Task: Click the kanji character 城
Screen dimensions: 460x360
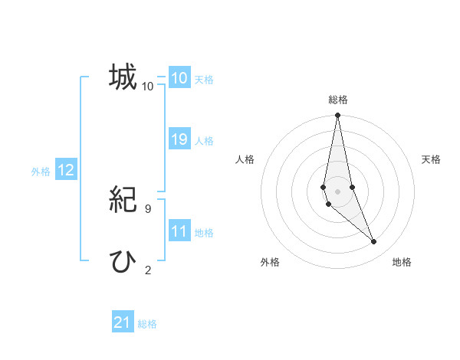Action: pyautogui.click(x=123, y=77)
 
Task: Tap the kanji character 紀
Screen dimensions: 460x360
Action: pyautogui.click(x=123, y=201)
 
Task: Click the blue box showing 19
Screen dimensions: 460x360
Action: pyautogui.click(x=179, y=139)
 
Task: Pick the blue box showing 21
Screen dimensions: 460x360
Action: pyautogui.click(x=123, y=322)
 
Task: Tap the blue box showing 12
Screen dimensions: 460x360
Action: pyautogui.click(x=66, y=171)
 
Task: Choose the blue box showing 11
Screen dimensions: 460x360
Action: pyautogui.click(x=179, y=231)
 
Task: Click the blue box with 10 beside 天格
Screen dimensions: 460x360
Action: pyautogui.click(x=179, y=78)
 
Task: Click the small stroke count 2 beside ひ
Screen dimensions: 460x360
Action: pyautogui.click(x=148, y=270)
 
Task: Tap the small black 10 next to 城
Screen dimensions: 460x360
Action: pyautogui.click(x=148, y=87)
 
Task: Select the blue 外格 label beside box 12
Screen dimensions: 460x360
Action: pyautogui.click(x=41, y=172)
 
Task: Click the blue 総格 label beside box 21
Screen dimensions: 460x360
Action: pyautogui.click(x=147, y=324)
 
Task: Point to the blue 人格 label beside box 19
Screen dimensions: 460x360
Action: pyautogui.click(x=204, y=141)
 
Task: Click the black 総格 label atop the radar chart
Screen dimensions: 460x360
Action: pyautogui.click(x=338, y=100)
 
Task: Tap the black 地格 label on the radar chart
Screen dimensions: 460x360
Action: pyautogui.click(x=402, y=262)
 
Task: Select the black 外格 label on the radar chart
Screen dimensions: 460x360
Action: pyautogui.click(x=270, y=262)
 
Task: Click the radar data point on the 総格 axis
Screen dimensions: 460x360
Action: pyautogui.click(x=338, y=116)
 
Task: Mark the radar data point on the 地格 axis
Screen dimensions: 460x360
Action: pyautogui.click(x=374, y=242)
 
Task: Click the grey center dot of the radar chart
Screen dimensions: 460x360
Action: pyautogui.click(x=338, y=191)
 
